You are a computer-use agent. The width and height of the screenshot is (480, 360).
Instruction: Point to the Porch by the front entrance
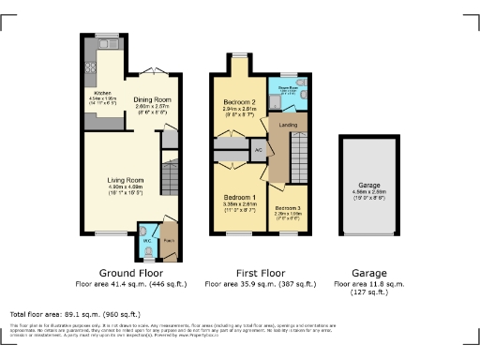(x=169, y=238)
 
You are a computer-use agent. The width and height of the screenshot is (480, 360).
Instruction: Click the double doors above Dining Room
(x=157, y=71)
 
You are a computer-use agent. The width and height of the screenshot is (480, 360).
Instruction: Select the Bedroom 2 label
(x=240, y=101)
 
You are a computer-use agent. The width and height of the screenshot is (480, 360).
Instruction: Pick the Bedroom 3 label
(x=288, y=207)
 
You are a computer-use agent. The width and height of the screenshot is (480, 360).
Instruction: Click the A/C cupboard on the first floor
(x=257, y=149)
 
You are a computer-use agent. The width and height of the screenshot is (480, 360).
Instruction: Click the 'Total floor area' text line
(x=75, y=314)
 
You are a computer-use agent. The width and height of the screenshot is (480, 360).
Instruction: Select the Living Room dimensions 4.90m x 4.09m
(x=123, y=190)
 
